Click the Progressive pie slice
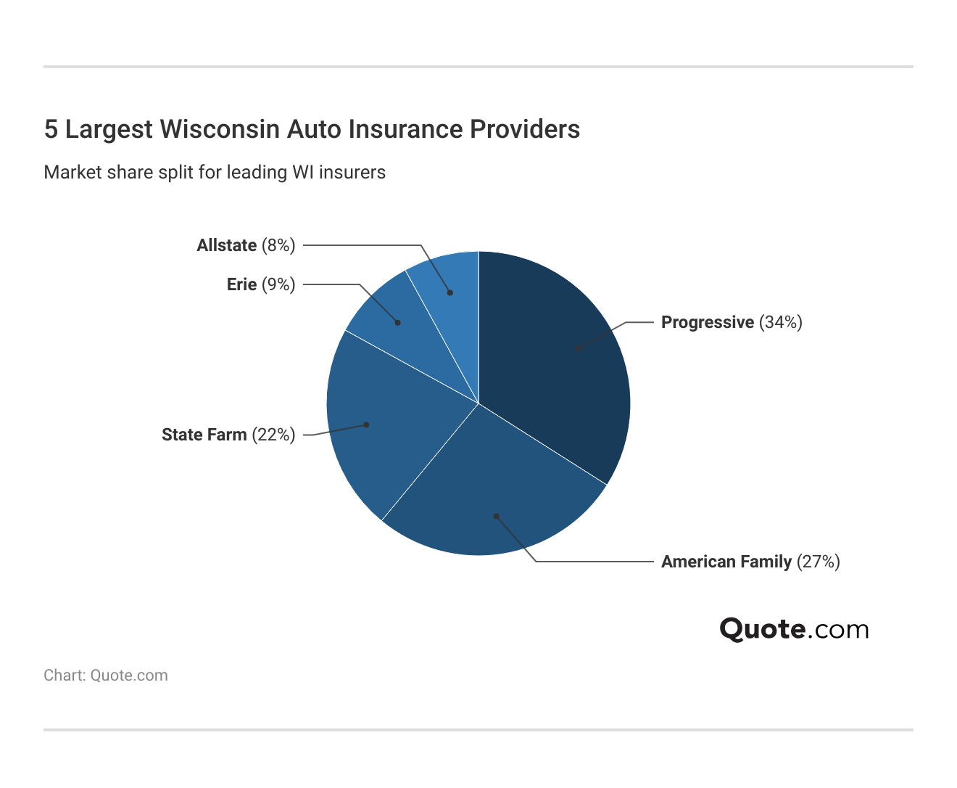click(x=558, y=363)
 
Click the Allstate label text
click(x=227, y=245)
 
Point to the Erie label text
click(x=241, y=284)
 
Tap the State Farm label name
click(x=204, y=435)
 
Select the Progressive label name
click(x=707, y=322)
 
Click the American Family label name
click(x=726, y=562)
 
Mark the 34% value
click(x=781, y=322)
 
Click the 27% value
click(x=819, y=562)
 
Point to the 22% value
click(x=273, y=435)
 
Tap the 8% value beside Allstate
click(x=278, y=245)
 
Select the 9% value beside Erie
click(x=278, y=284)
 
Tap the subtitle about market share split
click(x=215, y=172)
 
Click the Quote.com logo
click(x=794, y=629)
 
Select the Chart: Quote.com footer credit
click(x=106, y=675)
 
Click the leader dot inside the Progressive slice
click(x=578, y=348)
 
